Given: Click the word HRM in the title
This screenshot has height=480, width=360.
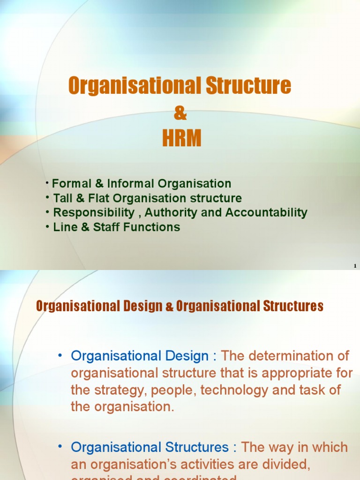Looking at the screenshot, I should click(x=182, y=138).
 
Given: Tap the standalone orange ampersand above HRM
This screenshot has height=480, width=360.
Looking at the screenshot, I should click(x=180, y=112).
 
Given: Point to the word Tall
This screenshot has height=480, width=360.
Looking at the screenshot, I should click(x=63, y=198).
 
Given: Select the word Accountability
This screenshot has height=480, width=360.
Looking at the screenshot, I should click(x=266, y=212).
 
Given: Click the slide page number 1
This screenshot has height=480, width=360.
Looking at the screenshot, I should click(x=355, y=266).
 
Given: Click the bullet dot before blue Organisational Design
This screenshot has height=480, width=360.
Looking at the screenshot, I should click(x=60, y=356).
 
